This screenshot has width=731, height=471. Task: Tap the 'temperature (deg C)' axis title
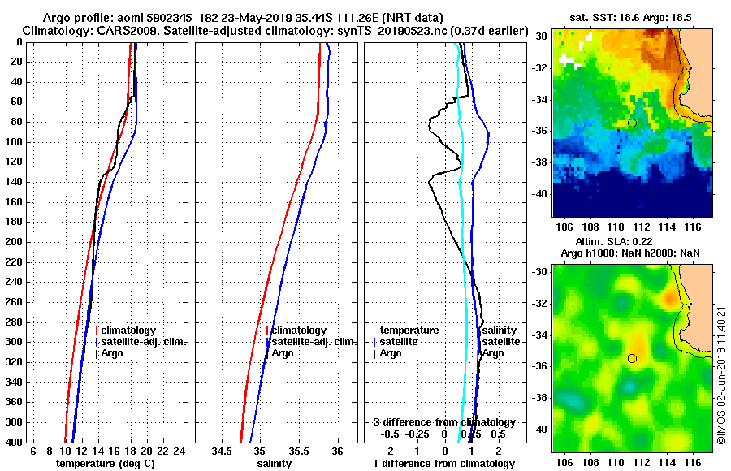(x=105, y=464)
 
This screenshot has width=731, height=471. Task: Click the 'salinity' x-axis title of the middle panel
(x=275, y=464)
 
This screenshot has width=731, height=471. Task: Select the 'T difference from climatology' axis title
(x=444, y=464)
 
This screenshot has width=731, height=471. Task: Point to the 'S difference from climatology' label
(x=443, y=422)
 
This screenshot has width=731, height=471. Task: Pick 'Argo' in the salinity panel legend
(x=283, y=353)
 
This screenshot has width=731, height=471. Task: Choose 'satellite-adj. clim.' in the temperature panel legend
(x=143, y=342)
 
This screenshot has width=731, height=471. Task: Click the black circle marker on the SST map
(x=632, y=123)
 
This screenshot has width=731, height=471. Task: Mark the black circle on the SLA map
(x=632, y=358)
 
